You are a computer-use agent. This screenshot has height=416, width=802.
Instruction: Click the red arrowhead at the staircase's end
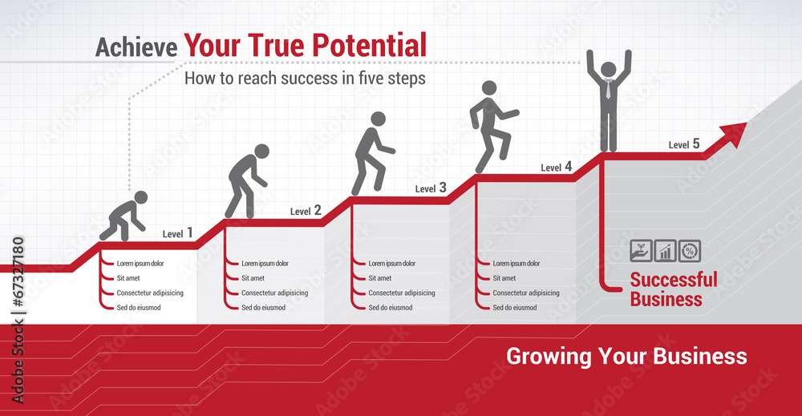tap(735, 133)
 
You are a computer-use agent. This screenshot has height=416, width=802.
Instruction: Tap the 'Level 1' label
tap(177, 233)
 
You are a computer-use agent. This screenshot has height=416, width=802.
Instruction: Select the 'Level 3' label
tap(431, 188)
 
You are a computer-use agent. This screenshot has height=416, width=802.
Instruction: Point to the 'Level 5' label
tap(684, 144)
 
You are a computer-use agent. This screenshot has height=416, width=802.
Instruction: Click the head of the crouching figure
tap(140, 198)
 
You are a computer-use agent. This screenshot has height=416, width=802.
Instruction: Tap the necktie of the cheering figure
tap(608, 89)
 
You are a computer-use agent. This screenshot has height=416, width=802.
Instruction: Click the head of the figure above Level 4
tap(489, 88)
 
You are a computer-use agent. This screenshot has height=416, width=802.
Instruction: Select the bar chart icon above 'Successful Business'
tap(665, 251)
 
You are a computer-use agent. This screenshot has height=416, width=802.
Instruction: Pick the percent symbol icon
tap(690, 251)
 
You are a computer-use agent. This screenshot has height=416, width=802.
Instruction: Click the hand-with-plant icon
tap(641, 251)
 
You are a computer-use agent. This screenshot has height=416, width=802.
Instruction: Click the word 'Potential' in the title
tap(369, 46)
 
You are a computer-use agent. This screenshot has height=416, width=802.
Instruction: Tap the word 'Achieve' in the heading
tap(136, 47)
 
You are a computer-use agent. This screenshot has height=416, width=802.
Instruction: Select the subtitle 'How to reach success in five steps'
tap(305, 79)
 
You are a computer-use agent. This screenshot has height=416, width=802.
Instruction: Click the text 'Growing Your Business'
tap(626, 356)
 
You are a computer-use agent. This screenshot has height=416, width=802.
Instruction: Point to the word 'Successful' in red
tap(674, 280)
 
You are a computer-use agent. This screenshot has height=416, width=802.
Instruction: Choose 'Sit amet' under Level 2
tap(253, 278)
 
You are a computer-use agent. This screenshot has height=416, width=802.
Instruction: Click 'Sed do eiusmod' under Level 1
tap(139, 308)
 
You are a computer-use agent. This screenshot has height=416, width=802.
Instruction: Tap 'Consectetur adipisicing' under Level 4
tap(526, 293)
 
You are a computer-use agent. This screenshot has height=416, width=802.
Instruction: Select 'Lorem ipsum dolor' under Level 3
tap(392, 263)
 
